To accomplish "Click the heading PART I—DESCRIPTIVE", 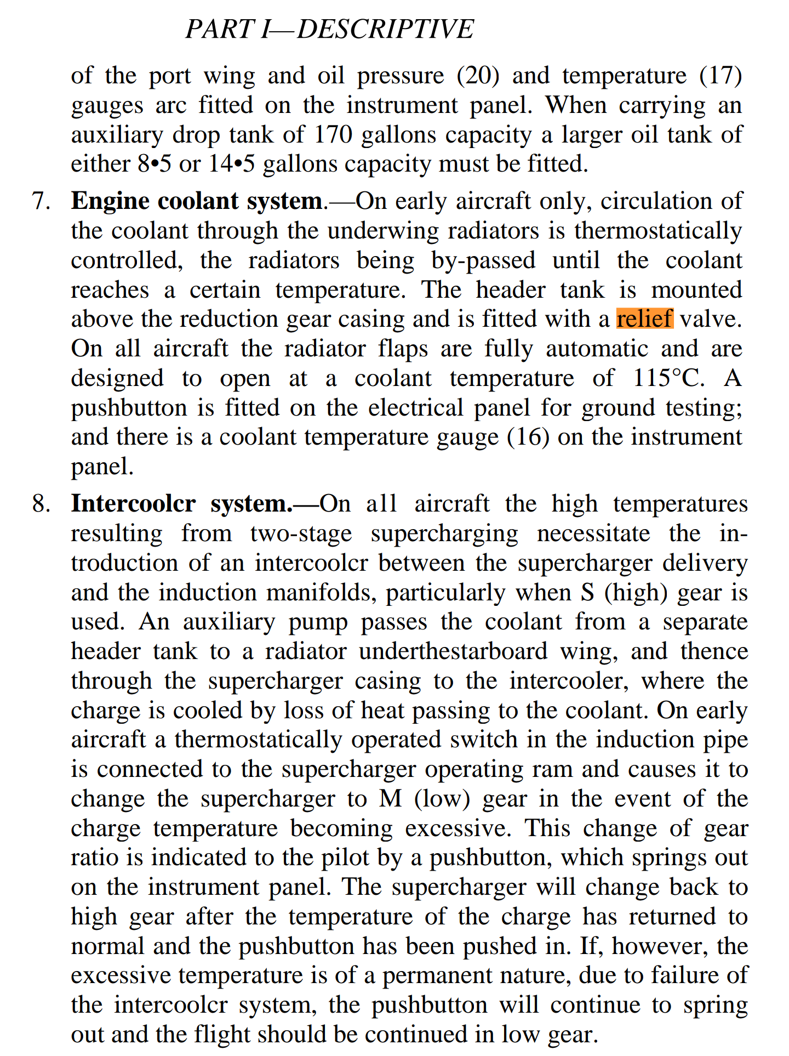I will pyautogui.click(x=329, y=29).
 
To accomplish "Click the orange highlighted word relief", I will pyautogui.click(x=644, y=319).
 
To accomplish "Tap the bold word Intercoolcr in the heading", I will pyautogui.click(x=133, y=504).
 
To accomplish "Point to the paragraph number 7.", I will pyautogui.click(x=41, y=201).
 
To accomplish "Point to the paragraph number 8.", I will pyautogui.click(x=41, y=504).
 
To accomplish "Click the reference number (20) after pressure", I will pyautogui.click(x=478, y=76).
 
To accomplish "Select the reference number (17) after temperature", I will pyautogui.click(x=721, y=76).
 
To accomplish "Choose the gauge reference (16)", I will pyautogui.click(x=528, y=437).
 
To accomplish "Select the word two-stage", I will pyautogui.click(x=301, y=533).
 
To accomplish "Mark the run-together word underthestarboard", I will pyautogui.click(x=453, y=651).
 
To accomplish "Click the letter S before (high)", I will pyautogui.click(x=587, y=593).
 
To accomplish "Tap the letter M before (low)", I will pyautogui.click(x=391, y=799).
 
